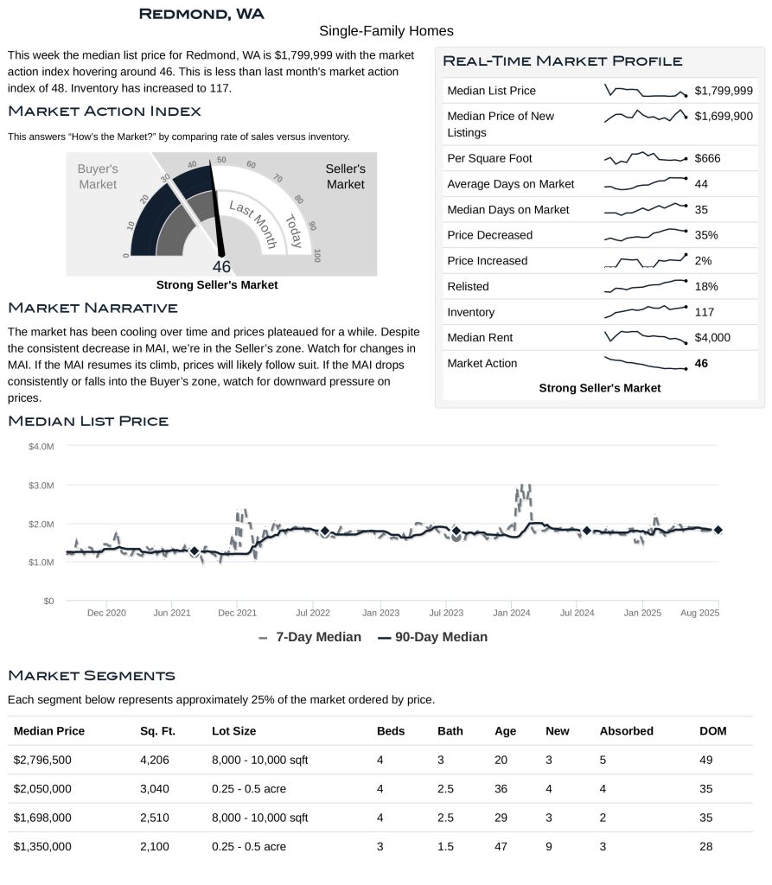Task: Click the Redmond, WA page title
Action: coord(201,14)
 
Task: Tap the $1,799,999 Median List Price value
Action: coord(724,91)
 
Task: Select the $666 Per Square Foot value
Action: coord(707,158)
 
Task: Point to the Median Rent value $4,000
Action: coord(712,338)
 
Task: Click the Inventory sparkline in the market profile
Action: coord(645,311)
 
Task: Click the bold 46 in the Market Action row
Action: coord(701,364)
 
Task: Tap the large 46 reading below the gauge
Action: coord(221,267)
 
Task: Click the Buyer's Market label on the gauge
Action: coord(98,176)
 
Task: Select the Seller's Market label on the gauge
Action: coord(345,176)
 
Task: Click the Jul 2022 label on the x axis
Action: coord(313,613)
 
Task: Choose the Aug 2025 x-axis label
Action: coord(700,613)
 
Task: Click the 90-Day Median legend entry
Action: coord(432,637)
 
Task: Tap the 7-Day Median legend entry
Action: coord(310,637)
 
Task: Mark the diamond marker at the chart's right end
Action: coord(718,530)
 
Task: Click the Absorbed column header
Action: coord(626,731)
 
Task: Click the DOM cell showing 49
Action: coord(706,761)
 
